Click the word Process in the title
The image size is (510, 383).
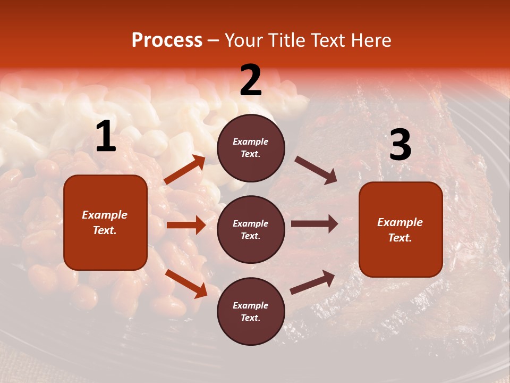(x=167, y=40)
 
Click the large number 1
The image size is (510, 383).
(x=106, y=137)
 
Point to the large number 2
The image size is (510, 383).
(x=251, y=80)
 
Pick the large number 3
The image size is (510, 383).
(x=400, y=145)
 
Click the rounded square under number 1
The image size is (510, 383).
(x=105, y=222)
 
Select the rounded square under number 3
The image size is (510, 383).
(x=401, y=230)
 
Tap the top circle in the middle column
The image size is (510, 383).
(x=251, y=148)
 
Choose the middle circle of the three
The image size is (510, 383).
(x=251, y=230)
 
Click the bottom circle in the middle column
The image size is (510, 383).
(x=251, y=312)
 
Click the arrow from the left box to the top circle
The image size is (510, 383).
(x=185, y=170)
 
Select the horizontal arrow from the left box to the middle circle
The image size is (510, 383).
(x=186, y=225)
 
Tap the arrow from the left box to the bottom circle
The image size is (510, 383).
(x=186, y=284)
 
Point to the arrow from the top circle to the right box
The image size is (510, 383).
(x=316, y=170)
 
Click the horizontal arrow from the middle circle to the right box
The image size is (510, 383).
(x=314, y=224)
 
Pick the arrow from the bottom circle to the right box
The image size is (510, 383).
(x=312, y=282)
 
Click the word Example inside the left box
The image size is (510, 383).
(x=105, y=215)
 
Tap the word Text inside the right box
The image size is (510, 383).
(x=399, y=238)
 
